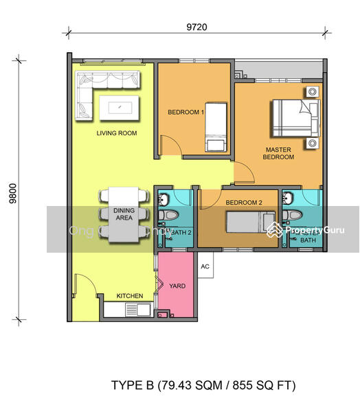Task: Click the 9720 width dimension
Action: pyautogui.click(x=196, y=27)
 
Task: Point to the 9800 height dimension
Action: pyautogui.click(x=12, y=190)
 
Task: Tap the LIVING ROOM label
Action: pyautogui.click(x=115, y=133)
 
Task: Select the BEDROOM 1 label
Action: pyautogui.click(x=185, y=112)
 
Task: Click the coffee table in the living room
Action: pyautogui.click(x=120, y=106)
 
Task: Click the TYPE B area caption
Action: pyautogui.click(x=203, y=385)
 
